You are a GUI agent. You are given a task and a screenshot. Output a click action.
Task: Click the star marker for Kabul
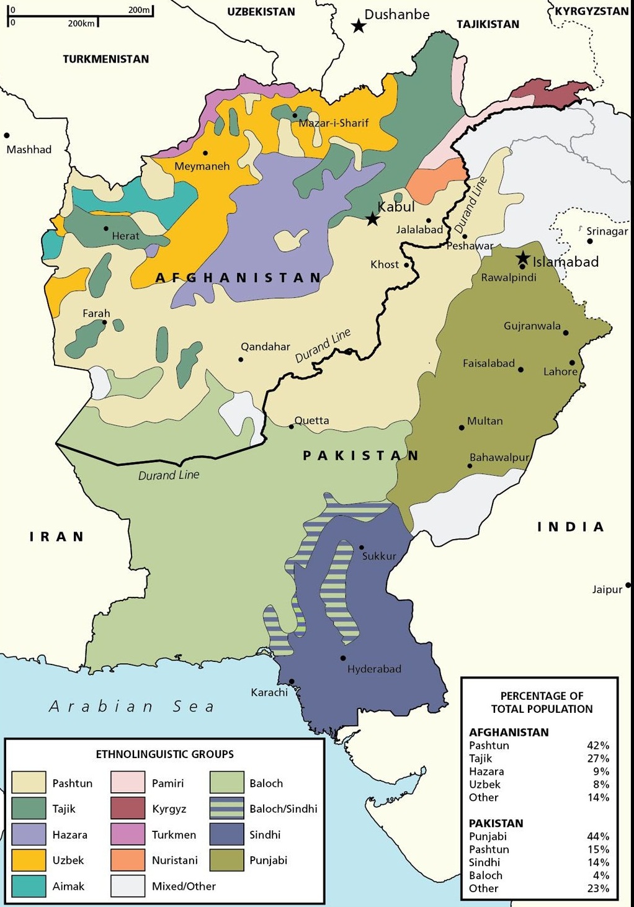click(372, 218)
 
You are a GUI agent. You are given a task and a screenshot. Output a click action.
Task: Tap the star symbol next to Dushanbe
click(358, 25)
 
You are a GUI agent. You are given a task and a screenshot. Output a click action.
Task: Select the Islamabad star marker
click(523, 258)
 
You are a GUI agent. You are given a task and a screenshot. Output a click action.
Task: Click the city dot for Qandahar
click(241, 359)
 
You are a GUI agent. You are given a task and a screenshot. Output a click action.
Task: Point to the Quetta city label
click(311, 421)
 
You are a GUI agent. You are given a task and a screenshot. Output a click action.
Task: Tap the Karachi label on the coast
click(269, 692)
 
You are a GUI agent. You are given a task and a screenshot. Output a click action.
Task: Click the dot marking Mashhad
click(7, 135)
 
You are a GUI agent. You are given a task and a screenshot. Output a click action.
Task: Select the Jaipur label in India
click(607, 589)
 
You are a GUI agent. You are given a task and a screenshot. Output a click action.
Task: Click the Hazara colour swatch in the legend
click(29, 834)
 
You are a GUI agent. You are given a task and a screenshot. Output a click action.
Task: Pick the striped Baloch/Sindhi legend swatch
click(226, 808)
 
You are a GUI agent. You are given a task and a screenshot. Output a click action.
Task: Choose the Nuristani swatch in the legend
click(128, 860)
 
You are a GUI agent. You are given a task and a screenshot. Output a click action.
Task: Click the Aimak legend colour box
click(29, 886)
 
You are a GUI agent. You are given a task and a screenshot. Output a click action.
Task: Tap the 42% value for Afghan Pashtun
click(598, 745)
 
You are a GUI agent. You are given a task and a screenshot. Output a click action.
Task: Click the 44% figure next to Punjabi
click(598, 836)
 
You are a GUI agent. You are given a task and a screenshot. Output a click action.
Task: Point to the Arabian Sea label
click(132, 706)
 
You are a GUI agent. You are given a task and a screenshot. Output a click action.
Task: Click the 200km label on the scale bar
click(81, 23)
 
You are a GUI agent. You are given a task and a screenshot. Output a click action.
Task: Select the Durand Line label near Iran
click(169, 475)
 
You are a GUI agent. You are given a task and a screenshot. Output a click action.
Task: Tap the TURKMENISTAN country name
click(105, 59)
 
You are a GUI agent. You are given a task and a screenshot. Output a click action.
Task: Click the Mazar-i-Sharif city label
click(334, 123)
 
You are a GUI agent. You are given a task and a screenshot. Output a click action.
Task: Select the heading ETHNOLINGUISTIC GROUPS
click(164, 754)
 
